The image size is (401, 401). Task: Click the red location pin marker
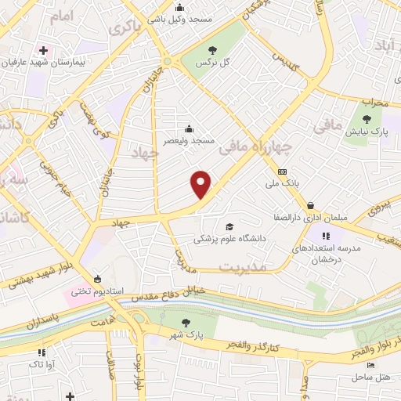tap(201, 184)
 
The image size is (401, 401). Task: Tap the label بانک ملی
tap(283, 184)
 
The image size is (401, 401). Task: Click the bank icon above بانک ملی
tap(283, 172)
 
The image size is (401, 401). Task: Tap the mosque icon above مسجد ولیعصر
tap(188, 128)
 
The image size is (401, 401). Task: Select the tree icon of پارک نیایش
tap(367, 119)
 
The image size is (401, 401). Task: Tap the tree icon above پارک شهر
tap(186, 322)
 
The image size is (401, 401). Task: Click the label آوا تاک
tap(39, 365)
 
